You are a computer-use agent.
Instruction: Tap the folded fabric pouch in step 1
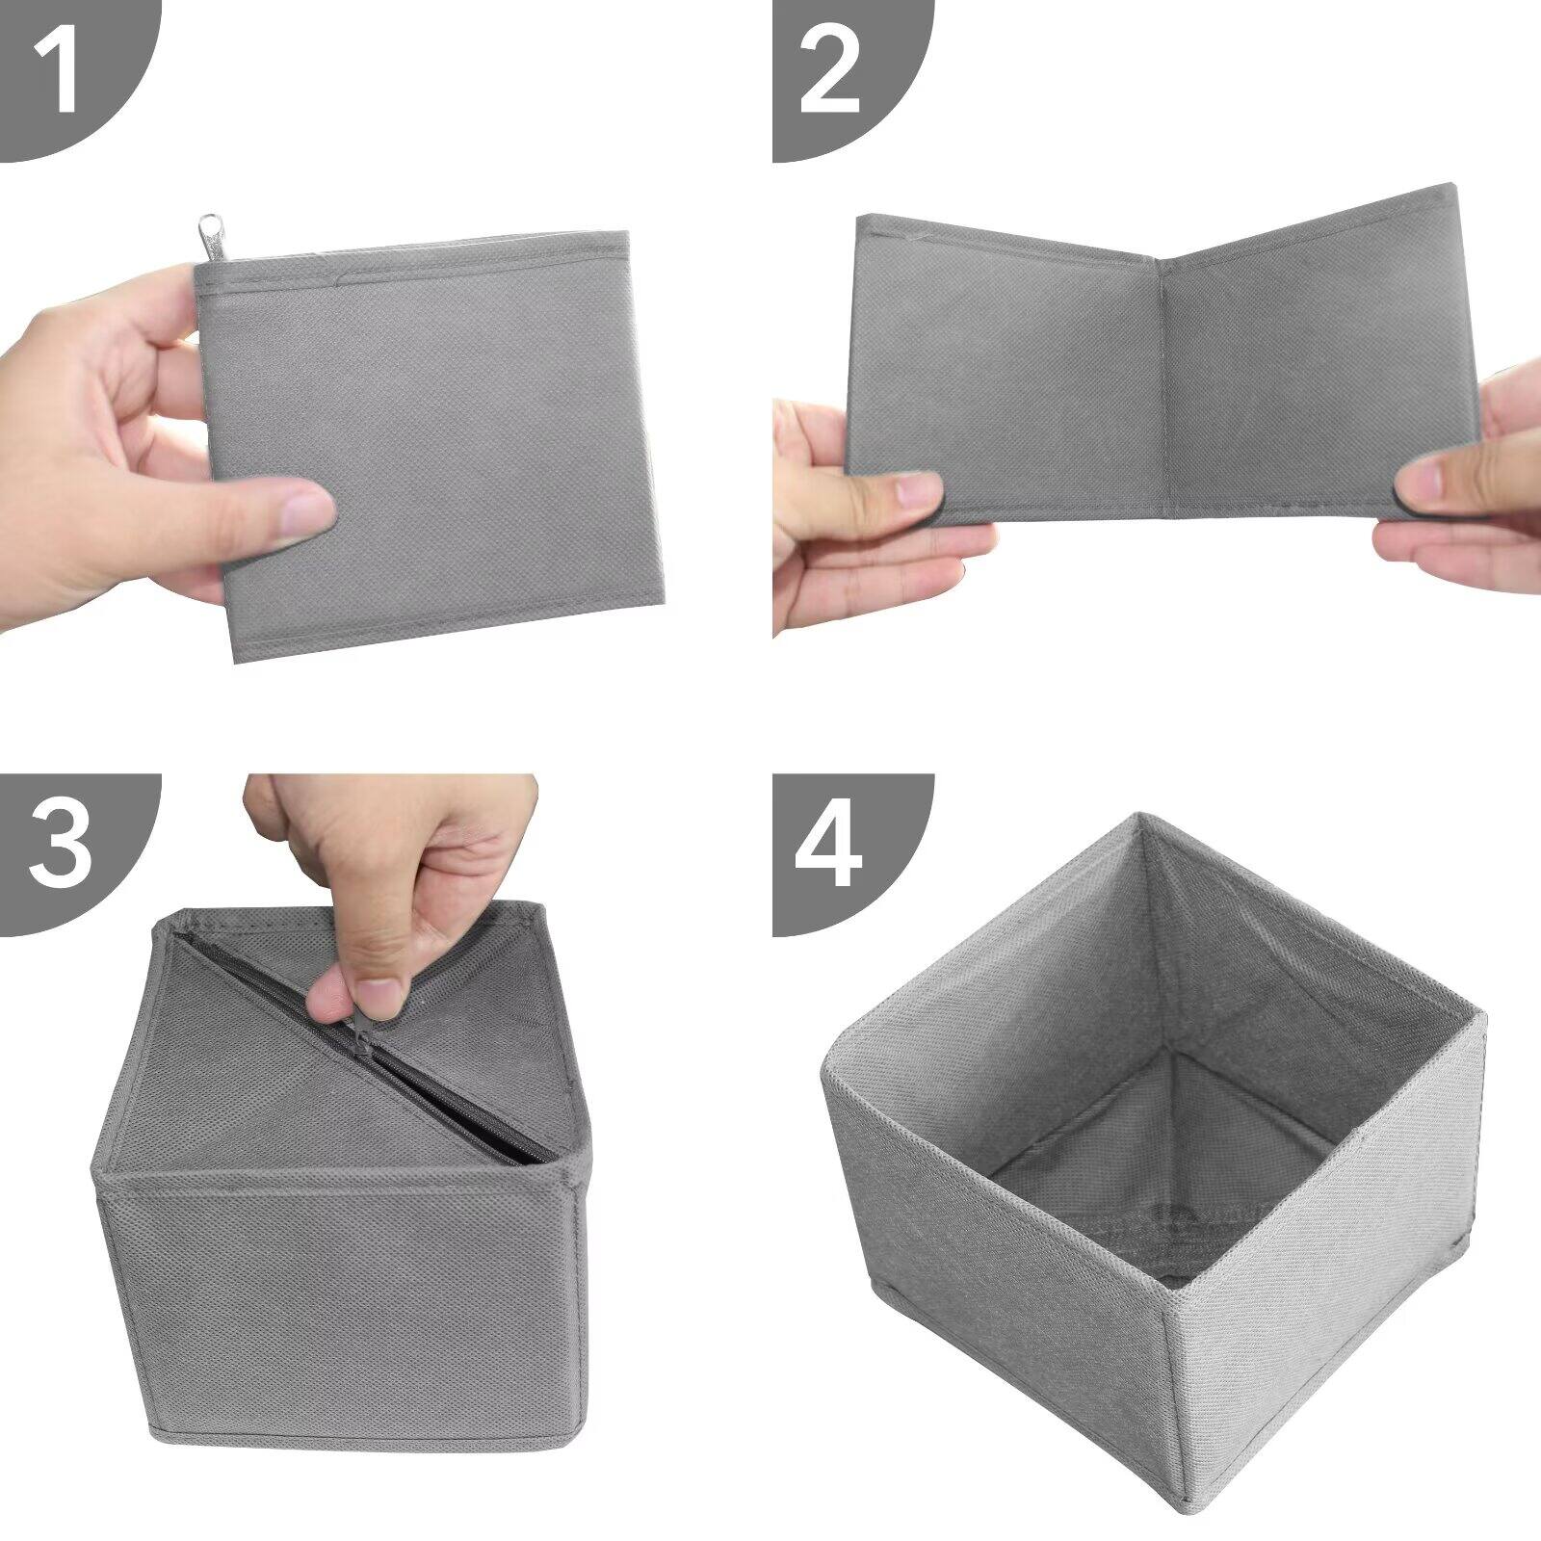tap(433, 443)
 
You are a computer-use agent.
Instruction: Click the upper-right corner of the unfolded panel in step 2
tap(1450, 188)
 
